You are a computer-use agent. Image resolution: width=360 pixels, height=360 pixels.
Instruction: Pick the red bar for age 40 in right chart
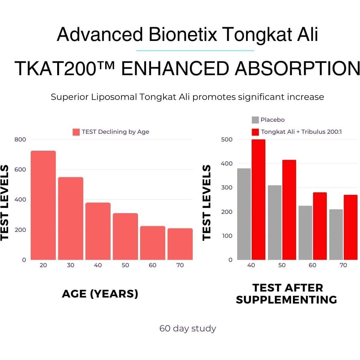click(x=258, y=199)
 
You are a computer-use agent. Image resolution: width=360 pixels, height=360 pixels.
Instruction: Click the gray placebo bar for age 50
click(x=275, y=222)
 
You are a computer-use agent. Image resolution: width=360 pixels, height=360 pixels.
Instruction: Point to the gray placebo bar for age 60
click(x=305, y=233)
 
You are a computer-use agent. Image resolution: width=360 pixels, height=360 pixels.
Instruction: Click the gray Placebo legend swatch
click(x=255, y=120)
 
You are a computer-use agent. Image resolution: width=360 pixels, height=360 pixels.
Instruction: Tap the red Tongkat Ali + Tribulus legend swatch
click(x=255, y=132)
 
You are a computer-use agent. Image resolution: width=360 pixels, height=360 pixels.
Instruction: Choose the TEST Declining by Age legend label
click(x=115, y=132)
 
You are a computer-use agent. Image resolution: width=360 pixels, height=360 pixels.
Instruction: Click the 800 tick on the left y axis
click(x=20, y=139)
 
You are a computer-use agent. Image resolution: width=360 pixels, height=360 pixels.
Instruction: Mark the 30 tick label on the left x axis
click(x=71, y=265)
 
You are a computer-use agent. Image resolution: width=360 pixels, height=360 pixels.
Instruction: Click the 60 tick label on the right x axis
click(x=312, y=265)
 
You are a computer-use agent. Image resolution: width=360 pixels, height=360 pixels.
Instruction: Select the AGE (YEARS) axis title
click(x=100, y=294)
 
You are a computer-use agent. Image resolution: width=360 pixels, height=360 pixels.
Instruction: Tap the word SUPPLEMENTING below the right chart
click(x=286, y=300)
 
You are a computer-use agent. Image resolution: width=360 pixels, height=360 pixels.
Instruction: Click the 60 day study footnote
click(x=187, y=329)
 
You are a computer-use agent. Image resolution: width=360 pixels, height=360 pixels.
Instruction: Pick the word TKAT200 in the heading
click(x=55, y=68)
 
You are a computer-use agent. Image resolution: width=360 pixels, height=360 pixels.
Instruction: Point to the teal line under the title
click(x=195, y=50)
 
